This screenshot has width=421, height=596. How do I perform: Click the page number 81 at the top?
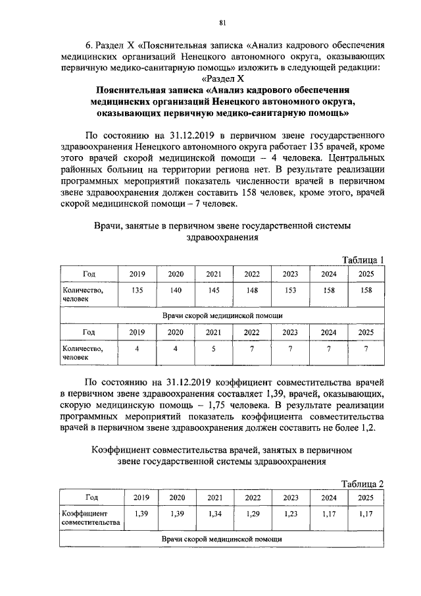coord(222,23)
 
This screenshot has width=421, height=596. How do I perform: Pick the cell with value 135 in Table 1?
coord(137,290)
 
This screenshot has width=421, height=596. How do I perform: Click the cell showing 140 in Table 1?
coord(176,290)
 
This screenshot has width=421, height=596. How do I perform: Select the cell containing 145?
coord(214,290)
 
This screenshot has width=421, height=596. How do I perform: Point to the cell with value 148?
coord(252,290)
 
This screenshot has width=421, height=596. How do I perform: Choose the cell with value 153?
coord(290,290)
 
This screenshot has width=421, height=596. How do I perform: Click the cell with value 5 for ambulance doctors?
coord(214,349)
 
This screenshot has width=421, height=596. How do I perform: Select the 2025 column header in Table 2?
coord(366,498)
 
